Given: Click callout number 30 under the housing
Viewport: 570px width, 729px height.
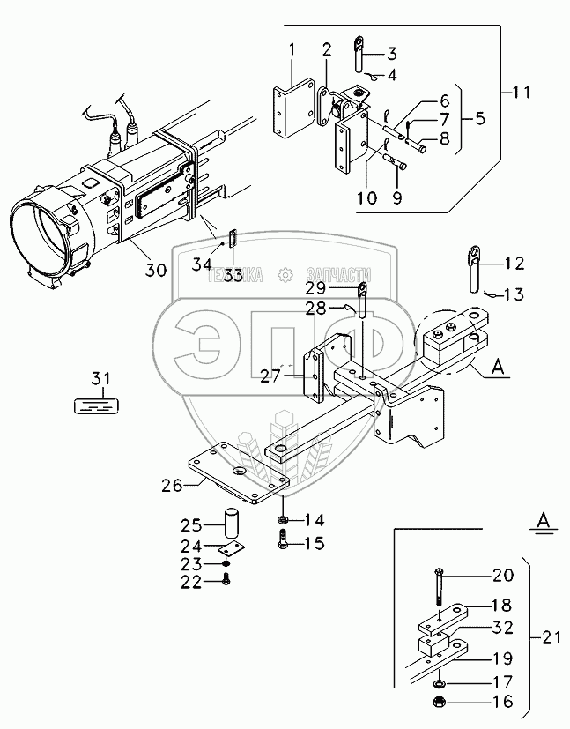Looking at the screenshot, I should [x=155, y=271].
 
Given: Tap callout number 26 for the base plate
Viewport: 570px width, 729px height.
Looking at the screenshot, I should [x=172, y=483].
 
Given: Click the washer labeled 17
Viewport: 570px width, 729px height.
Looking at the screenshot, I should [x=439, y=682].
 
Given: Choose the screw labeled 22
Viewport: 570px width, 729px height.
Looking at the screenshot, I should [x=228, y=580].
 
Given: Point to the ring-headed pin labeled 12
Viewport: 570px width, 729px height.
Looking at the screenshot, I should [x=473, y=269].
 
